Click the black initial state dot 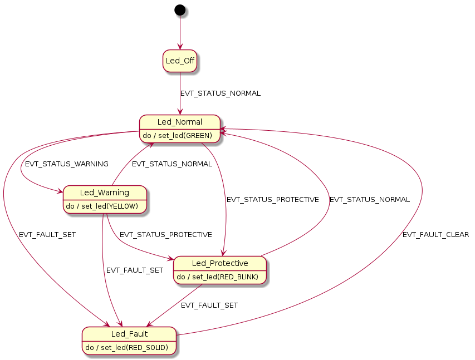click(x=180, y=9)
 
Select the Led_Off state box click(x=180, y=61)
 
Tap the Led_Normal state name click(x=180, y=122)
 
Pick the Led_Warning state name click(x=105, y=193)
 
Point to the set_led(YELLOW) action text click(x=105, y=206)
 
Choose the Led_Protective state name click(x=220, y=263)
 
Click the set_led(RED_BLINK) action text click(x=219, y=277)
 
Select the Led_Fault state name click(x=129, y=334)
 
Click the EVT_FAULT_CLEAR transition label click(x=435, y=235)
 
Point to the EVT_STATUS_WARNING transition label click(x=67, y=164)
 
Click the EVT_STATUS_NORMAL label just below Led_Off click(x=221, y=93)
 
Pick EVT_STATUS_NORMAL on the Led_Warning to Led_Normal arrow click(x=172, y=164)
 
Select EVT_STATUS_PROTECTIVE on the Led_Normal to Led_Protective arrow click(x=272, y=199)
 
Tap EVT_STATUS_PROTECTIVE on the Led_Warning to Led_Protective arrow click(x=165, y=235)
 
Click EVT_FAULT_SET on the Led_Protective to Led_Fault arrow click(x=209, y=305)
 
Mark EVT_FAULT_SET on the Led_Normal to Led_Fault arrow click(x=47, y=235)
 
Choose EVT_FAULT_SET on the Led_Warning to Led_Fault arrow click(x=135, y=270)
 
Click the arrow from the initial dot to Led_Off click(x=180, y=33)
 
